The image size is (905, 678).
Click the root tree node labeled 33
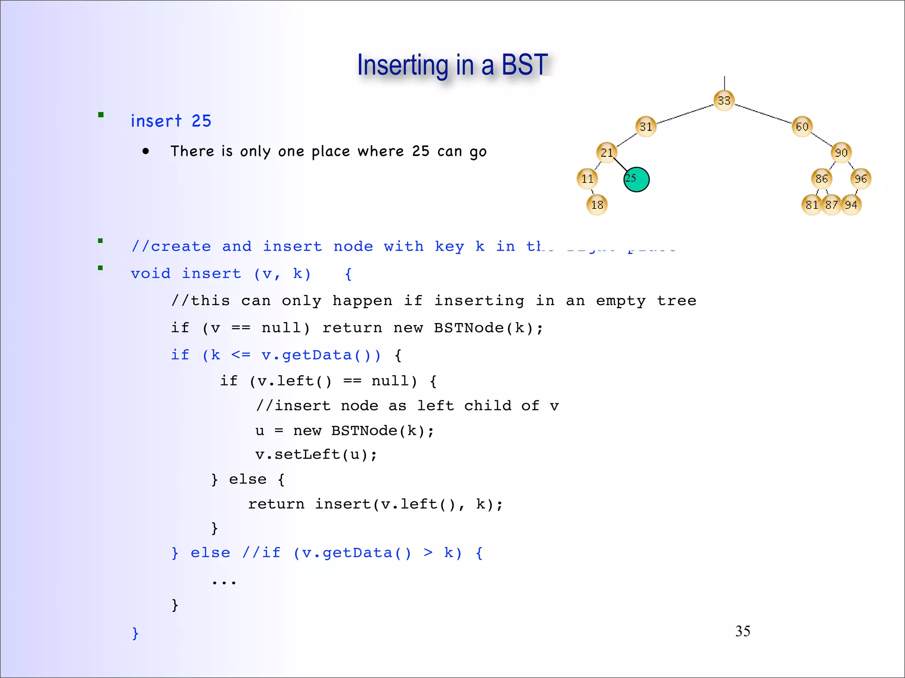[724, 101]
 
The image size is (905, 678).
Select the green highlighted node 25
[636, 179]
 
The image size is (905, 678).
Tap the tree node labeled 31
[646, 127]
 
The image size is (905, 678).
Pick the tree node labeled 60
[802, 127]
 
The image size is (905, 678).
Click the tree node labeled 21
[607, 153]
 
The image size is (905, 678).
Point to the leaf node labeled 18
[597, 205]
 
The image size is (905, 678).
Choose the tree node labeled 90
[841, 153]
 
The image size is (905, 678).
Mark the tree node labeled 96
[860, 179]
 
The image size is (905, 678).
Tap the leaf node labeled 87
[832, 205]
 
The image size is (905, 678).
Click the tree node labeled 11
[587, 179]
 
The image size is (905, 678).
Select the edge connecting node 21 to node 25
[620, 165]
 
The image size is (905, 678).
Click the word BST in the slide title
[525, 65]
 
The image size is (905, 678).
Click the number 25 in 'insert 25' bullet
[201, 121]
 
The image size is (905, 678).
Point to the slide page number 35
[742, 631]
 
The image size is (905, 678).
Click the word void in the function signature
[151, 274]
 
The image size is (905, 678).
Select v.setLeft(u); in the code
[316, 455]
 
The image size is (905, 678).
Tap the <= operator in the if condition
[241, 355]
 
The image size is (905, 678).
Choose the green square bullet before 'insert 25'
[101, 115]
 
